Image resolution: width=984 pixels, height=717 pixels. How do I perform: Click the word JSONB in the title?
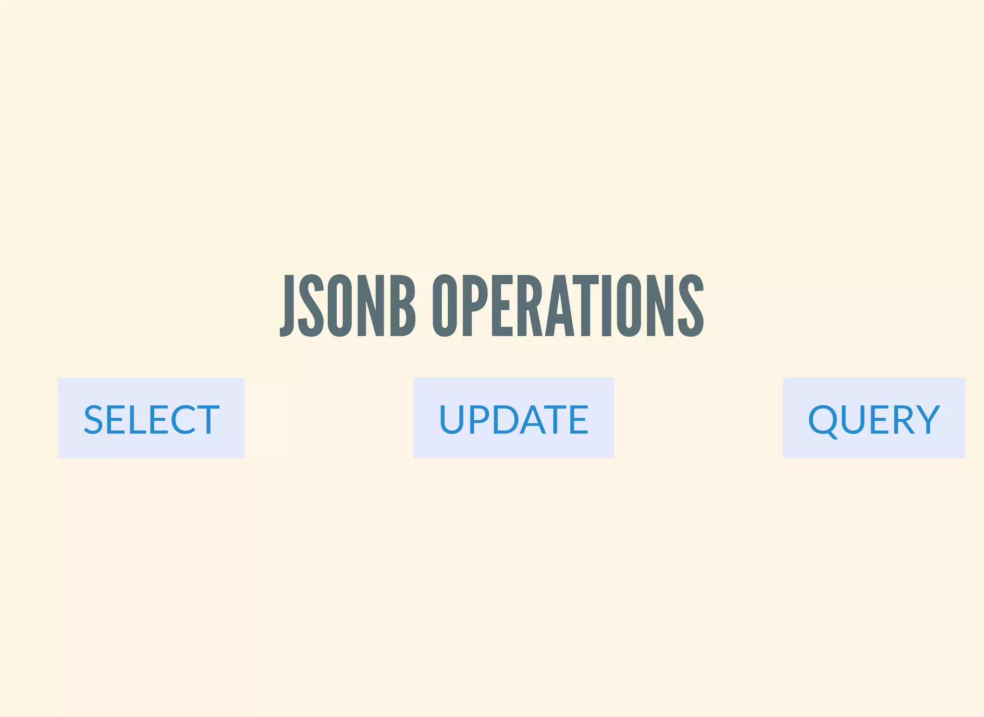pos(347,306)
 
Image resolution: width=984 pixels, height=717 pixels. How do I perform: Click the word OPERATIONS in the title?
pos(568,306)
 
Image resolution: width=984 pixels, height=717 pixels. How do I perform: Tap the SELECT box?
pos(151,418)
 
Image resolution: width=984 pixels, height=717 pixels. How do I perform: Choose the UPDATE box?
pos(513,418)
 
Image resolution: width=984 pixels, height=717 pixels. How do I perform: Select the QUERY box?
pos(873,418)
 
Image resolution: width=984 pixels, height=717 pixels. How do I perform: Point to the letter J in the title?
pos(287,306)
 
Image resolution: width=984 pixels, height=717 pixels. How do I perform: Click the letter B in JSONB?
pos(403,306)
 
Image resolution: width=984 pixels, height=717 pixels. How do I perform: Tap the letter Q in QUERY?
pos(824,420)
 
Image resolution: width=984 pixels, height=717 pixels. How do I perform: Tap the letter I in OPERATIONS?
pos(606,306)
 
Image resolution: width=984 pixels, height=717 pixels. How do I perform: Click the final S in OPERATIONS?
pos(691,306)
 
